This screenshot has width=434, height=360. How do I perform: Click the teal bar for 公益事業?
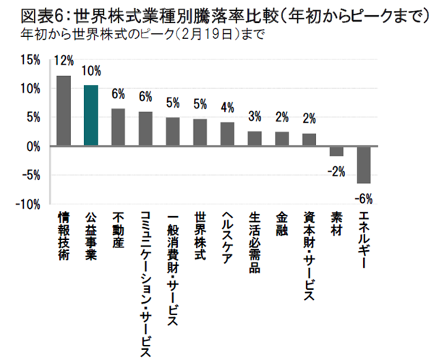(x=91, y=116)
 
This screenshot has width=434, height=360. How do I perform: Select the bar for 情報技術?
(x=64, y=111)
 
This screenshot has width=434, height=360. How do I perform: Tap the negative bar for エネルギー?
(x=364, y=164)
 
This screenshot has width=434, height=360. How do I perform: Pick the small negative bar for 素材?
(x=336, y=151)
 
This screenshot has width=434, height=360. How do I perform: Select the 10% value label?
(x=91, y=72)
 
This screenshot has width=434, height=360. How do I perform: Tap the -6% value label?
(x=364, y=198)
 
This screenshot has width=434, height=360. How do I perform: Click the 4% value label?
(x=227, y=108)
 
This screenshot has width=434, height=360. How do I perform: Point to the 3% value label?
(x=255, y=117)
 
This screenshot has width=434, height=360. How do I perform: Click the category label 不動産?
(x=119, y=231)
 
